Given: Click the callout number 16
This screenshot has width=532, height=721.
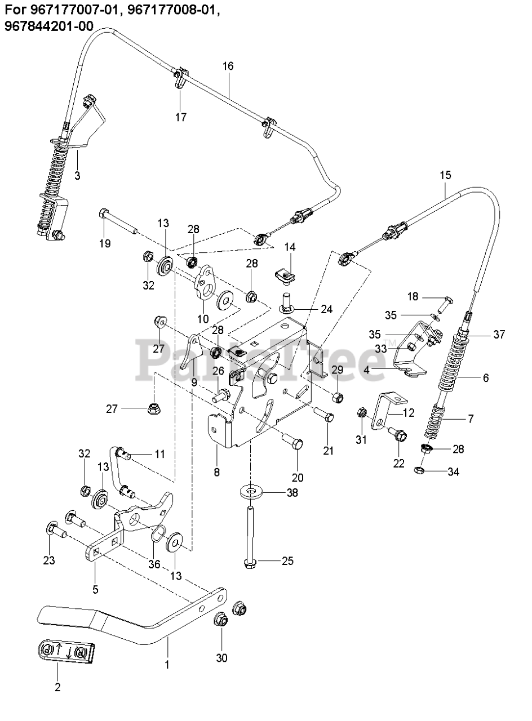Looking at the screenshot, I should point(228,66).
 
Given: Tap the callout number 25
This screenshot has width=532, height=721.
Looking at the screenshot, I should point(288,561).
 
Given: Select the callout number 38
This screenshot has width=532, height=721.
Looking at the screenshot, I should point(292,493).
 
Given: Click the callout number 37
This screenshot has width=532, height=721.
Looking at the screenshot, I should point(499,335).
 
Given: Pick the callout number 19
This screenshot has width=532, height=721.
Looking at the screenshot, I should point(105,243).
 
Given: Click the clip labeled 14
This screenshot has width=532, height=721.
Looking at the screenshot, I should point(287,275).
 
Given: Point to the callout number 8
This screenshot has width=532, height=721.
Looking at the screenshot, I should point(217,472).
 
